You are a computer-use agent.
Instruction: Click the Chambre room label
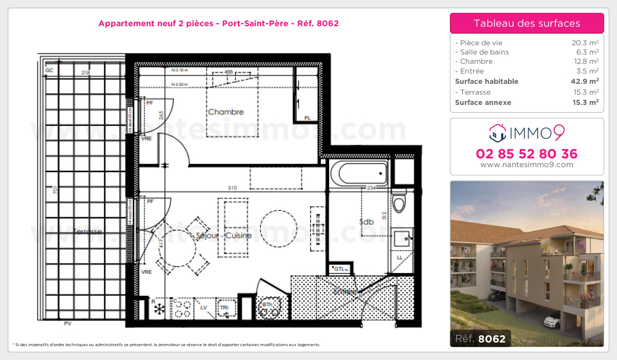click(226, 112)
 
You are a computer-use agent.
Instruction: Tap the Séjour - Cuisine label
click(224, 236)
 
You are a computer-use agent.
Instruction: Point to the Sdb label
click(366, 222)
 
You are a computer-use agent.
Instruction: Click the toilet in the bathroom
click(398, 202)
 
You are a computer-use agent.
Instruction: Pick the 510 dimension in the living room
click(232, 188)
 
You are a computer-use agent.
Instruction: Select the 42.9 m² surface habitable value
click(587, 81)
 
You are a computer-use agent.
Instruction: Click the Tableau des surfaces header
click(527, 23)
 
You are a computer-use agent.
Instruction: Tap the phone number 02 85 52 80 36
click(527, 153)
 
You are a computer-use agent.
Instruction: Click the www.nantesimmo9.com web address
click(527, 165)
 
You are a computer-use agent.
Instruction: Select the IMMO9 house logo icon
click(497, 133)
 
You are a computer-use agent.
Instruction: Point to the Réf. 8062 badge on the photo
click(480, 339)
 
